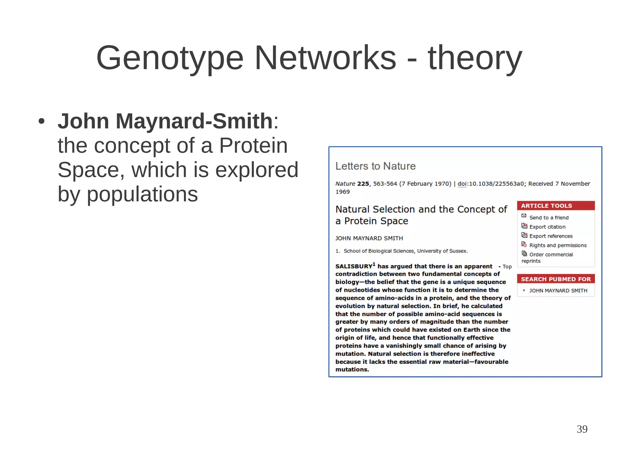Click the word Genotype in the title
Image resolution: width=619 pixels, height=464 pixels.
coord(170,58)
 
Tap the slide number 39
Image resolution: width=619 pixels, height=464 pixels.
coord(582,429)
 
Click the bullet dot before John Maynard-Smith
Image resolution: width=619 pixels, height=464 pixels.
coord(42,122)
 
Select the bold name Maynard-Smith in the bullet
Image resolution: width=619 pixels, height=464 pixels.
coord(194,121)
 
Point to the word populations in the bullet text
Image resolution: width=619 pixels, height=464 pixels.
coord(142,194)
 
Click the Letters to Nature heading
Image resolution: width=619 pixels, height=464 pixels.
coord(375,166)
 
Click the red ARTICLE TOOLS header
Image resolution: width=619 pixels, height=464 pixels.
coord(556,206)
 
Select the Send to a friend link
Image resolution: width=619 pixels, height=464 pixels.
coord(549,218)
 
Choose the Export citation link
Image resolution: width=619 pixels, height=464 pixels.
coord(547,227)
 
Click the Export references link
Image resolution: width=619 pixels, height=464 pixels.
coord(551,236)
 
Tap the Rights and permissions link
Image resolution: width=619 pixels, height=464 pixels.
coord(558,245)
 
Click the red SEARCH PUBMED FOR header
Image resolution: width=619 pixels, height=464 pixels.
coord(556,279)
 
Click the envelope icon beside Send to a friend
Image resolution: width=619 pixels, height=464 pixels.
coord(524,216)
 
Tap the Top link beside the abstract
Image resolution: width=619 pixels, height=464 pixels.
coord(507,267)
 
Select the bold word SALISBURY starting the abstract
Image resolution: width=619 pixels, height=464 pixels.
coord(354,266)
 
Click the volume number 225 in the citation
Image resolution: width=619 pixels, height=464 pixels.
coord(363,184)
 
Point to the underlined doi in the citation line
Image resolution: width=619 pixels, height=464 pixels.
coord(462,184)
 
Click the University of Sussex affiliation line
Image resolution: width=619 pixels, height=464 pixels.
coord(405,251)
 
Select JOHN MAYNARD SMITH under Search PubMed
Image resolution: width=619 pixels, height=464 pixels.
coord(558,290)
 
